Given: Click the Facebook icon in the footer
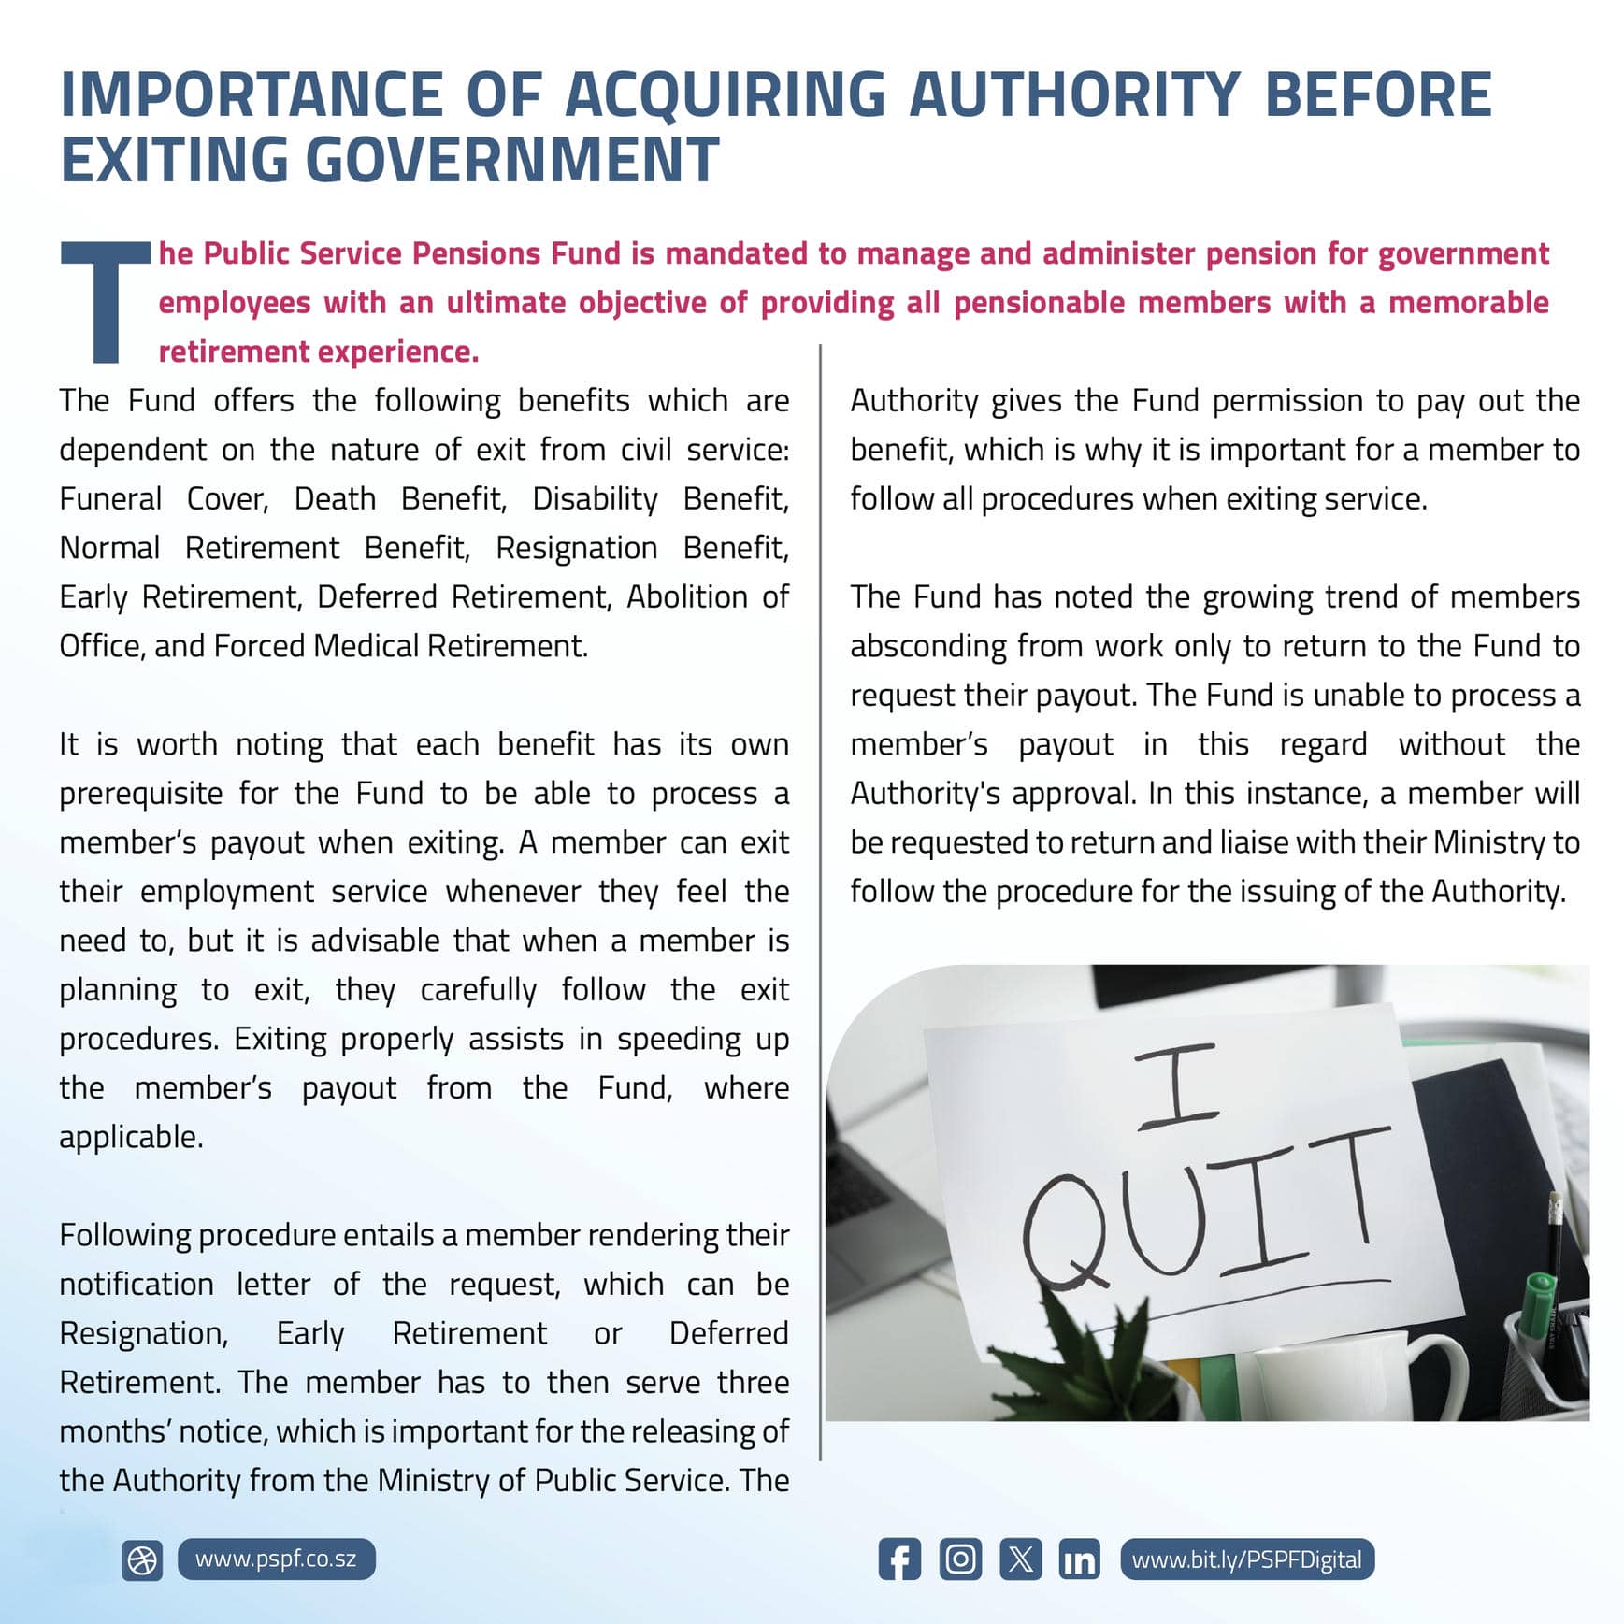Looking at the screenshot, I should click(x=899, y=1559).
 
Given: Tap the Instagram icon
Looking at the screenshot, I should click(x=960, y=1559).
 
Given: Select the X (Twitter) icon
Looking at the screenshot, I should click(x=1020, y=1559).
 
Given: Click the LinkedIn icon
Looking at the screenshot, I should click(x=1080, y=1559).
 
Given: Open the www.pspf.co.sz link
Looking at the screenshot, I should click(x=276, y=1559).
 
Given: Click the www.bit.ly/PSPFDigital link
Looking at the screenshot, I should click(x=1246, y=1559).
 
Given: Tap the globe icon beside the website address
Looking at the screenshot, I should click(x=142, y=1560).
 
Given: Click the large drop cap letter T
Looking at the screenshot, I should click(x=105, y=301).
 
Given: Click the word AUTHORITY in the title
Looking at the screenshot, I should click(x=1074, y=94).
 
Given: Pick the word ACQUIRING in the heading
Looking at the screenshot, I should click(x=725, y=94).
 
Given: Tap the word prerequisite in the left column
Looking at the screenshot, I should click(x=141, y=794).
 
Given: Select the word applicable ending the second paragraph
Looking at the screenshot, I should click(x=130, y=1137).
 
